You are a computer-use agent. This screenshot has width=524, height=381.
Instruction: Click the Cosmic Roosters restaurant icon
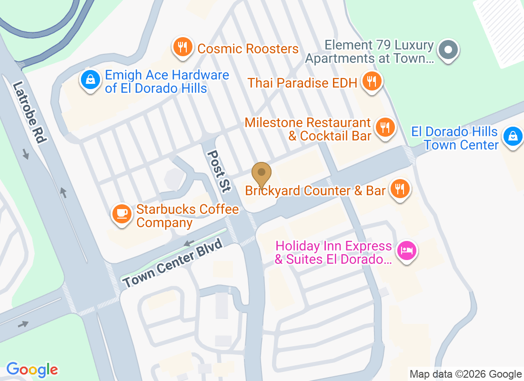tap(182, 47)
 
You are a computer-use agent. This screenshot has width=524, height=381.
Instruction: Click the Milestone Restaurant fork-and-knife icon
tap(384, 128)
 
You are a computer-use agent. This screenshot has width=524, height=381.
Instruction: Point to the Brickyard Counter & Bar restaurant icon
tap(399, 189)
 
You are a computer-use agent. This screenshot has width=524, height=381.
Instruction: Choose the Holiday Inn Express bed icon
tap(406, 250)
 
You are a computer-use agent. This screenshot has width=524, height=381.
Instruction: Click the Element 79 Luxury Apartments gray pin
tap(448, 50)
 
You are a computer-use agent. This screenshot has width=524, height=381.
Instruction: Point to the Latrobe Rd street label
tap(30, 113)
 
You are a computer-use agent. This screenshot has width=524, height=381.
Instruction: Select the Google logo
tap(32, 370)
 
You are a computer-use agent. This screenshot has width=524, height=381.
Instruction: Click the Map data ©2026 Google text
tap(465, 374)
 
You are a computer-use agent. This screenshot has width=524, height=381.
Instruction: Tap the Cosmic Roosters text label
tap(248, 49)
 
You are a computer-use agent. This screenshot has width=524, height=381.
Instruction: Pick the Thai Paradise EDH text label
tap(302, 83)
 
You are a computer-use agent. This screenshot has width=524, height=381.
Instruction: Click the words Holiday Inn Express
tap(333, 246)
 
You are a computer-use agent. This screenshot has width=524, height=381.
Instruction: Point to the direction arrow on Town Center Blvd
tap(189, 243)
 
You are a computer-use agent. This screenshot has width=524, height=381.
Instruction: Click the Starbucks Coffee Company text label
tap(187, 216)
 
